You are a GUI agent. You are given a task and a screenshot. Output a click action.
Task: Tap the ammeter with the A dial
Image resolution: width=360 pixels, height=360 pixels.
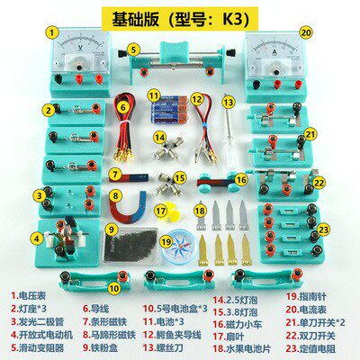point(279,62)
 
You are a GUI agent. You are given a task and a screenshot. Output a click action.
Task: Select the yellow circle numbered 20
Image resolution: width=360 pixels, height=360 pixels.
point(306,32)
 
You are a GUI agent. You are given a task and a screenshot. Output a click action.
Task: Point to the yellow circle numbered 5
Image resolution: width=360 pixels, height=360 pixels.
point(133,50)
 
